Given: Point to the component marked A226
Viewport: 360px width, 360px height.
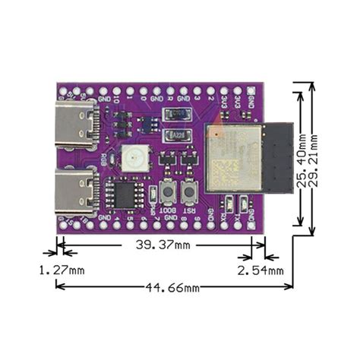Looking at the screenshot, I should tap(178, 137).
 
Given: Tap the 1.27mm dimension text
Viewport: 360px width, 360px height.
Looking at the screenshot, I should tap(62, 270).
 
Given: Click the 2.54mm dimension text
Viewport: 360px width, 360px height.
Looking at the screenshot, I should tap(260, 270).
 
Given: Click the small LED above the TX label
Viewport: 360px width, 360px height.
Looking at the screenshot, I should tap(243, 204).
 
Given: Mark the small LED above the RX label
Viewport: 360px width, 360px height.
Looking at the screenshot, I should tap(230, 204).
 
